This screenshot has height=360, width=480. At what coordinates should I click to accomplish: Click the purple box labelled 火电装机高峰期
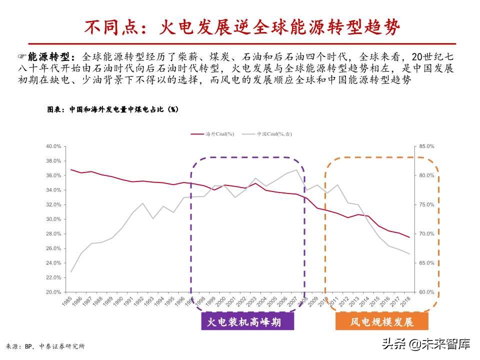pyautogui.click(x=247, y=322)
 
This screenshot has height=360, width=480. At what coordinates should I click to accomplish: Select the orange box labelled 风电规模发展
pyautogui.click(x=382, y=322)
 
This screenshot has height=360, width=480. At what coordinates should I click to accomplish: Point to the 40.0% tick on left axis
pyautogui.click(x=53, y=146)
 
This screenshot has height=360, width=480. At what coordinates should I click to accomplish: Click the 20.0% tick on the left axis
pyautogui.click(x=53, y=292)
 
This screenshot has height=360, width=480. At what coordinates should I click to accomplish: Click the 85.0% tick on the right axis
pyautogui.click(x=426, y=146)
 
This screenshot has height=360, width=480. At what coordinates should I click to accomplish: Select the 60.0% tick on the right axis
pyautogui.click(x=426, y=292)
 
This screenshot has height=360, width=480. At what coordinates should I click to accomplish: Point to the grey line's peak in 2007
pyautogui.click(x=297, y=170)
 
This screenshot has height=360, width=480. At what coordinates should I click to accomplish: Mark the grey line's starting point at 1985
pyautogui.click(x=70, y=272)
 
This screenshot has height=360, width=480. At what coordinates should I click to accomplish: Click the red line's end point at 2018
pyautogui.click(x=409, y=237)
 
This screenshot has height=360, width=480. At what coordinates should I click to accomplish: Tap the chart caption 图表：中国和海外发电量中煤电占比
pyautogui.click(x=112, y=108)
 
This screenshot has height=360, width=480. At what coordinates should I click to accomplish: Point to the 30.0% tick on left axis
pyautogui.click(x=53, y=219)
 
